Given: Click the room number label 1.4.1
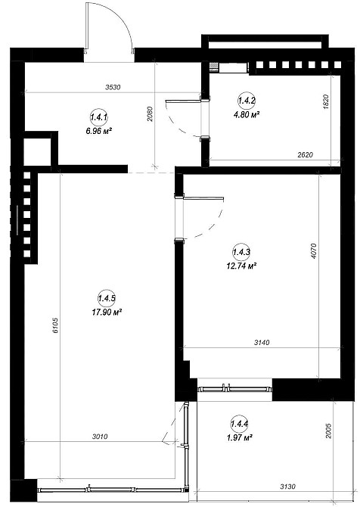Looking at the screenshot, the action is [99, 117].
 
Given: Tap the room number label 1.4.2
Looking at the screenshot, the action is [247, 101].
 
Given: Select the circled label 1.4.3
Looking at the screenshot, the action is [241, 252].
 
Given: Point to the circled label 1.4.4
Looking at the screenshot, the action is [240, 424].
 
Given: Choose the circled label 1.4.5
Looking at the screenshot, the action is [107, 298].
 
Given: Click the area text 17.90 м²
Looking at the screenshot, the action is [107, 313].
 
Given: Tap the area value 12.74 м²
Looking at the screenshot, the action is [241, 266].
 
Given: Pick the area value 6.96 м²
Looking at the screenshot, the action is [99, 131].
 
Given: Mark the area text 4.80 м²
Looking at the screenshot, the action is [247, 114].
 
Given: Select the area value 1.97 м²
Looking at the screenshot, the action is [240, 438].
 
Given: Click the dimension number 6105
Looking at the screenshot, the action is [55, 325].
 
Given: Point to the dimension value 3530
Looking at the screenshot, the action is [113, 87].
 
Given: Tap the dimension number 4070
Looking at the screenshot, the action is [313, 251].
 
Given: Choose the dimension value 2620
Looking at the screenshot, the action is [305, 155].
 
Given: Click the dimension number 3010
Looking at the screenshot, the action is [100, 437].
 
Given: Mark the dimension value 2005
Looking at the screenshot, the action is [328, 431].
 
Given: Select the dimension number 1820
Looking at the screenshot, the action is [326, 101].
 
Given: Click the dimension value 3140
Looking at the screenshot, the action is [262, 342].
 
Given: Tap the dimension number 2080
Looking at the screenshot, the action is [149, 114].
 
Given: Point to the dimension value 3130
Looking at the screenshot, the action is [287, 487].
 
